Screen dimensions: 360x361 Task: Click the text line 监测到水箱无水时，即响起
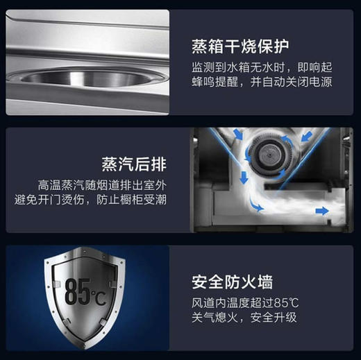click(x=265, y=70)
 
